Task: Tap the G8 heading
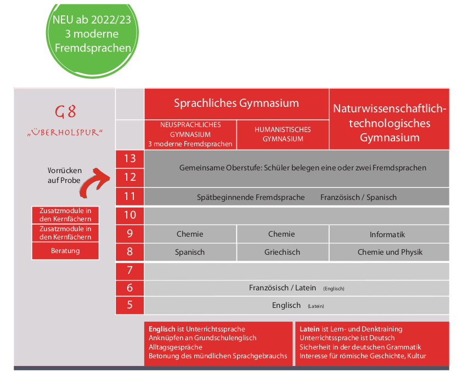(65, 112)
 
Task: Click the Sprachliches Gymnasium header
(236, 103)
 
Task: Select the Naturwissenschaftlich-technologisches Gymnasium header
(390, 123)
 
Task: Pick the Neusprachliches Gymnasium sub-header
(190, 134)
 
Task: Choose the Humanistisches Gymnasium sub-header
(283, 134)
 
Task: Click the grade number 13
(129, 159)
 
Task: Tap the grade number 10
(129, 215)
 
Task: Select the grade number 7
(129, 270)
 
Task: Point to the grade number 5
(129, 305)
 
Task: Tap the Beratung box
(65, 251)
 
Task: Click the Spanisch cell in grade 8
(190, 252)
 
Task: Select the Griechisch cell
(282, 252)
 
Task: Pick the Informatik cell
(387, 234)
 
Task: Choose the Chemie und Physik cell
(390, 252)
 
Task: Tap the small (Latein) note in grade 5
(319, 306)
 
